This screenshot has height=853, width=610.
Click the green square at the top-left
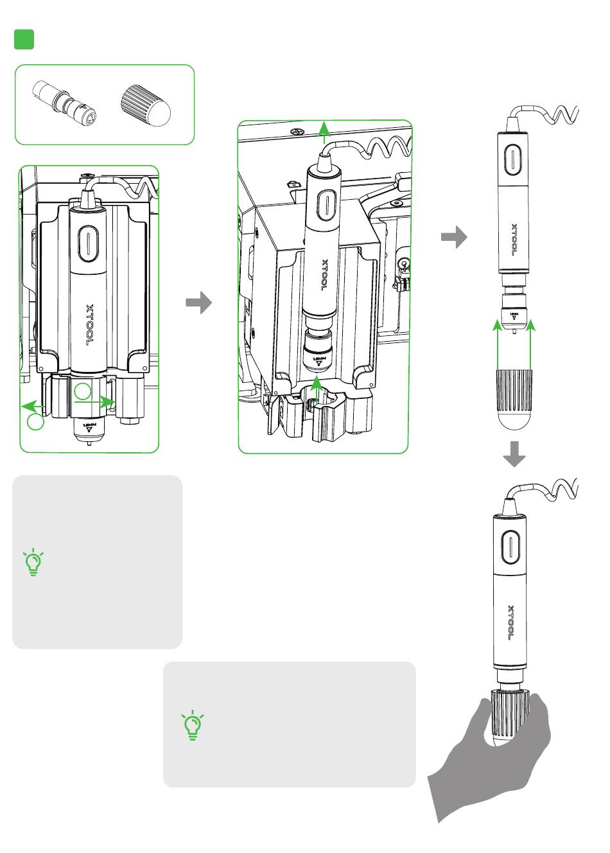coord(24,39)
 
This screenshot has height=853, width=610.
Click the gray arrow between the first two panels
coord(198,303)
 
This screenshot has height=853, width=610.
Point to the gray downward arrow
coord(514,454)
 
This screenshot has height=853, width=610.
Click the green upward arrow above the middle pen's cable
coord(326,134)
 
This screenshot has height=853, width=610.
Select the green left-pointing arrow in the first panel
coord(31,407)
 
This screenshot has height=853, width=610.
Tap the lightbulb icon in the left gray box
coord(33,563)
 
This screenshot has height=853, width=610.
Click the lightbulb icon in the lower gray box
coord(193,726)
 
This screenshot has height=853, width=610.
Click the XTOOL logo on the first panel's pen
coord(89,324)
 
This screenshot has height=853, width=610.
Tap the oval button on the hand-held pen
coord(511,547)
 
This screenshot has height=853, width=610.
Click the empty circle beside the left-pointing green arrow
coord(36,422)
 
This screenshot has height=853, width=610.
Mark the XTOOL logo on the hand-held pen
coord(512,622)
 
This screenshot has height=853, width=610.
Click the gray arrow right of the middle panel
coord(454,237)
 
